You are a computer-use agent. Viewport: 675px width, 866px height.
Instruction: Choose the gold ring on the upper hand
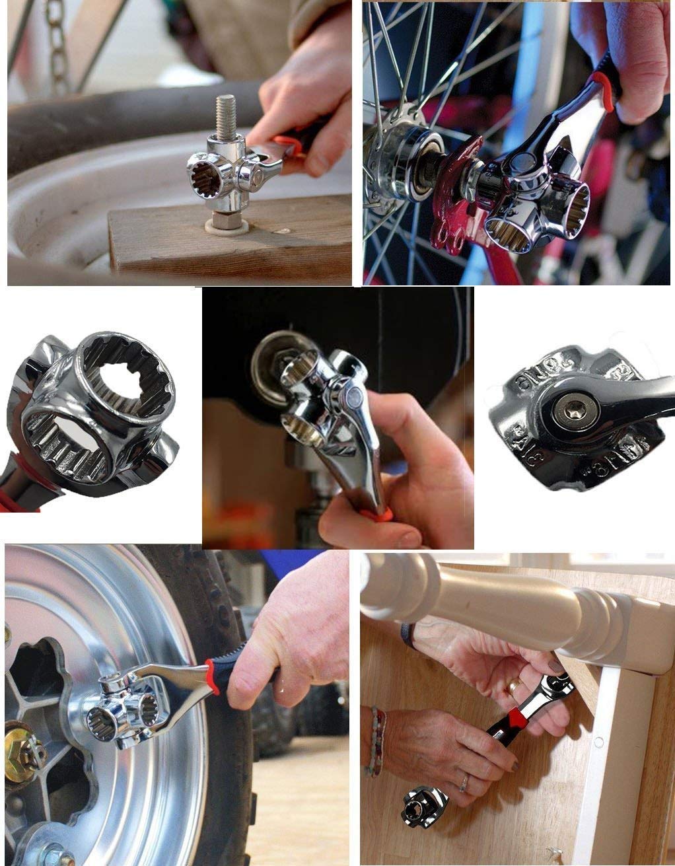513,687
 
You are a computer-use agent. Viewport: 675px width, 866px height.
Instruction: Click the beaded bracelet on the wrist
376,740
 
